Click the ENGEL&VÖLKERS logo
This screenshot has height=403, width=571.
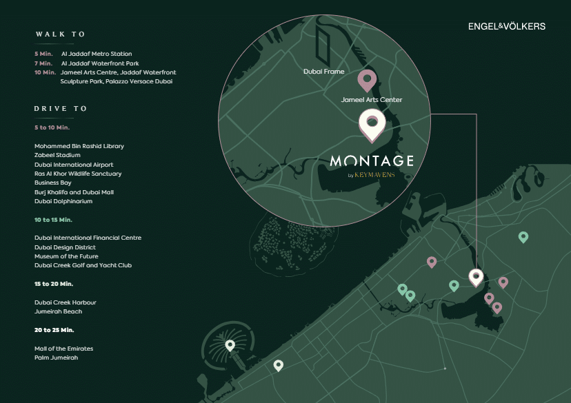point(506,26)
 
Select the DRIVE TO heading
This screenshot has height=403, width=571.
point(61,109)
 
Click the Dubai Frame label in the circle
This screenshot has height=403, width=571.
point(323,71)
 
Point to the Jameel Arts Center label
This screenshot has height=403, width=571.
point(371,100)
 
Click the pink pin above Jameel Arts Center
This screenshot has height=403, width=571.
point(367,81)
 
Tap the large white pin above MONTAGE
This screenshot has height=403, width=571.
point(372,125)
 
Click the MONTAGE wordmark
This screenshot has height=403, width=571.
point(372,161)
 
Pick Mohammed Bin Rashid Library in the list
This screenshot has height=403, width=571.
point(79,146)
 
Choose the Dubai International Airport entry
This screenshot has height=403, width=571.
point(74,165)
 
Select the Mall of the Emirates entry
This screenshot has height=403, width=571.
point(63,349)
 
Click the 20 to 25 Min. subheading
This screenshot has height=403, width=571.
point(54,330)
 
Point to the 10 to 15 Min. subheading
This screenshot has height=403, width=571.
point(53,220)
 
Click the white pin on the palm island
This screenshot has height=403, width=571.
point(230,345)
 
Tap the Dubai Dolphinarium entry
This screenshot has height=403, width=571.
point(63,201)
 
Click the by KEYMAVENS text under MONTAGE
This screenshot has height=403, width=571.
point(371,175)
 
